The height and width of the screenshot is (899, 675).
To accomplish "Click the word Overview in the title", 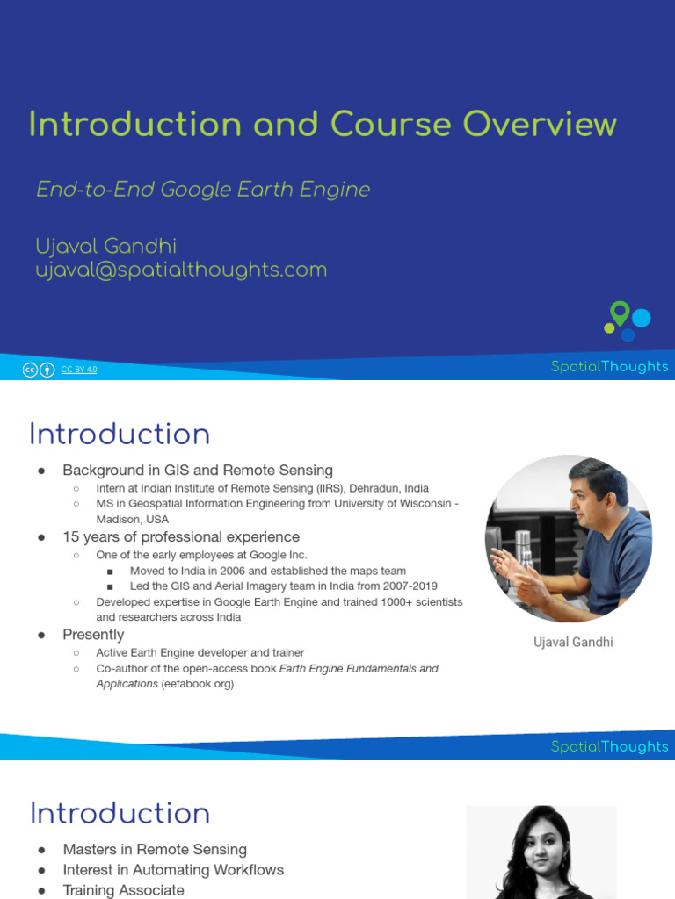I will click(540, 124).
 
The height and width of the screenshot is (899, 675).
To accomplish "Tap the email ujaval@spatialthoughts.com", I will click(181, 270).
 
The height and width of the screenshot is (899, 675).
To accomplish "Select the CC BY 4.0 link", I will click(79, 370).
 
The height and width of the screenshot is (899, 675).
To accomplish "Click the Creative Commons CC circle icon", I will click(31, 370).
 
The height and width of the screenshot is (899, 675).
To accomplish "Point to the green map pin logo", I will click(620, 313).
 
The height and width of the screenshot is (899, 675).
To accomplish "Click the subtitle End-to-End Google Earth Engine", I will click(203, 190).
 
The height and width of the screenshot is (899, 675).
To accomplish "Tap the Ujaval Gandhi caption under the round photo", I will click(573, 643).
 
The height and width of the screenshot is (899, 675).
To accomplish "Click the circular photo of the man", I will click(569, 538).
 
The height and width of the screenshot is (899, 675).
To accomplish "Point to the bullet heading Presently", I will click(93, 634).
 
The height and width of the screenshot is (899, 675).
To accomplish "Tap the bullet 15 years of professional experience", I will click(181, 536).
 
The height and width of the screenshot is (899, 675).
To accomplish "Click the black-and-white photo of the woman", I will click(541, 852).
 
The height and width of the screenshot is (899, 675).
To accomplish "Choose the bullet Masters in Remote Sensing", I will click(155, 849).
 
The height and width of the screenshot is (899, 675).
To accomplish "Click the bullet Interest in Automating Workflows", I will click(173, 870).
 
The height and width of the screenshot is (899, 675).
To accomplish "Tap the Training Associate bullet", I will click(124, 890).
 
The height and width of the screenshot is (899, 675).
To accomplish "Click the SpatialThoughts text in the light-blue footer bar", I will click(609, 747).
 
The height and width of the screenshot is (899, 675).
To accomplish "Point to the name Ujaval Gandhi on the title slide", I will click(106, 247).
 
